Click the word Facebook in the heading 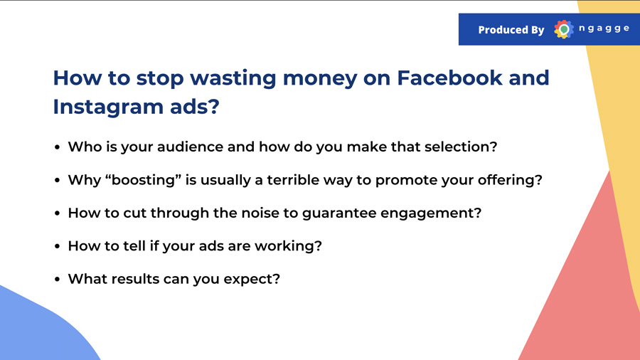tap(449, 78)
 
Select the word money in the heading tap(320, 79)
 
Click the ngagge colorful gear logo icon tap(564, 29)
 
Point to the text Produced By tap(511, 30)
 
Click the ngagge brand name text tap(604, 28)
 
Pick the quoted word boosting tap(143, 179)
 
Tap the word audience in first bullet tap(190, 147)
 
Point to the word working tap(288, 246)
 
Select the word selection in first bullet tap(461, 147)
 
